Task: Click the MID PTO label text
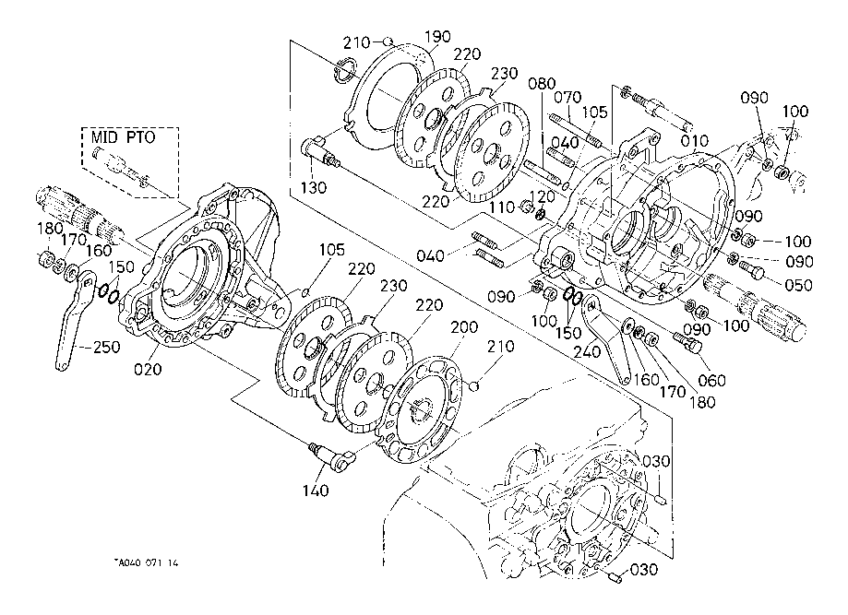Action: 123,137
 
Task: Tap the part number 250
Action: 106,347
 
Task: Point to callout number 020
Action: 148,369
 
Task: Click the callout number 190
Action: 437,37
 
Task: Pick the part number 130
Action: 314,187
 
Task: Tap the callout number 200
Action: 464,327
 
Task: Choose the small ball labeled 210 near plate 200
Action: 474,385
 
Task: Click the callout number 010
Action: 695,141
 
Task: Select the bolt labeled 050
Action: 751,268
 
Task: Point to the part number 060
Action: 711,380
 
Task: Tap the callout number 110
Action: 502,207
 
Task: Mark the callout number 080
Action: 542,83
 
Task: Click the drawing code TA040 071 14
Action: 146,562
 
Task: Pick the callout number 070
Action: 567,98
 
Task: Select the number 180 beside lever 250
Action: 49,229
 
